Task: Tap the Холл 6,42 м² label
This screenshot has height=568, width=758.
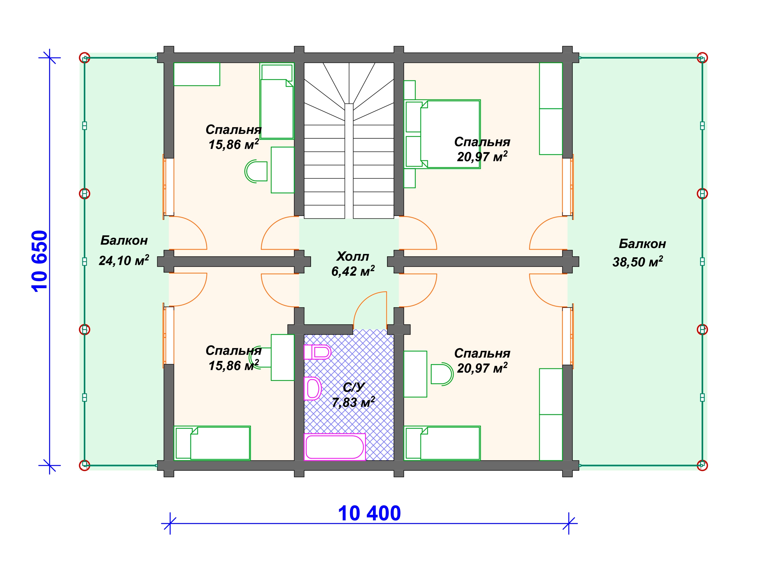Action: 353,264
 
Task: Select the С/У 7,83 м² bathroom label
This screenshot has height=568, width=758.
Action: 353,395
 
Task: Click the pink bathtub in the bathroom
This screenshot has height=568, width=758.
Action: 335,447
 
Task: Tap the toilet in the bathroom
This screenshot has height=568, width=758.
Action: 318,352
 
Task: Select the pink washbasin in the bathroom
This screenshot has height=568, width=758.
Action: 313,389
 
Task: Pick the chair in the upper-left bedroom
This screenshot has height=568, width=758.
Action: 256,171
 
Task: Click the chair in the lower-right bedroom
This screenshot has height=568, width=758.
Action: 442,374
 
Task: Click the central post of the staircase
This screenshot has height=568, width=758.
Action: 349,161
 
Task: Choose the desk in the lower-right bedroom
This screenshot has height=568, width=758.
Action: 415,374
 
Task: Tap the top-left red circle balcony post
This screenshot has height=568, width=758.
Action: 85,57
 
